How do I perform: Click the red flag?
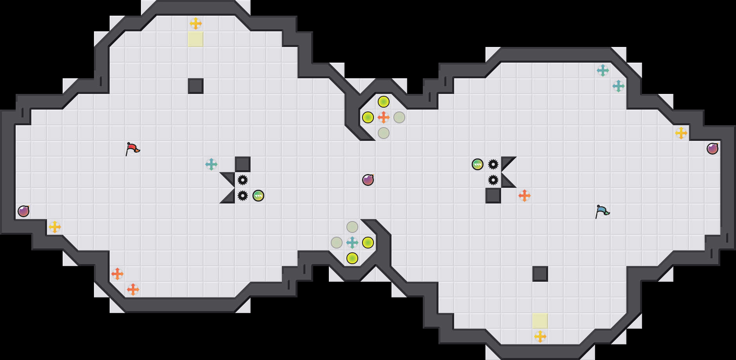pos(132,149)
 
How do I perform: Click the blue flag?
pos(602,211)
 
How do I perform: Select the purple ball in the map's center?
pos(368,180)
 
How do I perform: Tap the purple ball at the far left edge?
pos(23,211)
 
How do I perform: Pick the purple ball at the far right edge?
pos(713,149)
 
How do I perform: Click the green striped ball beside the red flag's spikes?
pos(258,196)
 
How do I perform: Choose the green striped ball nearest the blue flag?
pos(478,164)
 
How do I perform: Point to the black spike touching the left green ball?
pos(243,196)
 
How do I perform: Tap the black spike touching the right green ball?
pos(493,164)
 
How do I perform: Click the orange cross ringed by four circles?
pos(384,117)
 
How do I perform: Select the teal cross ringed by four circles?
pos(352,243)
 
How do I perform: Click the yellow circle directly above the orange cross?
pos(384,102)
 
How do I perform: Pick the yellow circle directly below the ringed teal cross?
pos(352,258)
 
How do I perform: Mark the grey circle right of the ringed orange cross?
pos(399,117)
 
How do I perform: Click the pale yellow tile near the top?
pos(196,39)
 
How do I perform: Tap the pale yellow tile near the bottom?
pos(540,321)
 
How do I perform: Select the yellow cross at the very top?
pos(196,23)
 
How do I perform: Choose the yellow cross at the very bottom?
pos(540,337)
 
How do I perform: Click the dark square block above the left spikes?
pos(243,164)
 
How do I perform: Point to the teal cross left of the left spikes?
pos(211,164)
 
